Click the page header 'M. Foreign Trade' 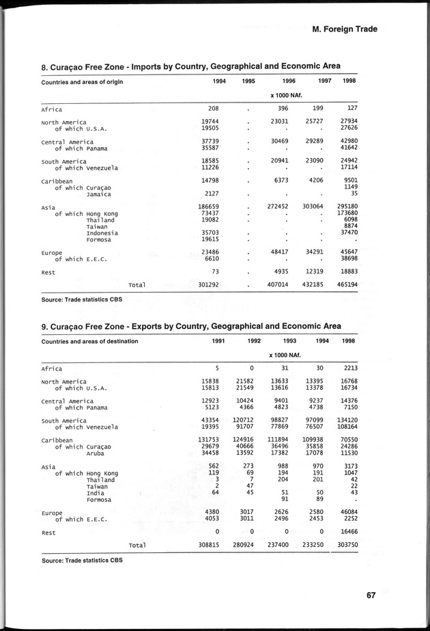click(344, 29)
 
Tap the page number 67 click(371, 594)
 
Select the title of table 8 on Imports click(190, 66)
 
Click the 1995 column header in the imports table click(248, 81)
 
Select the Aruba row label click(98, 453)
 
